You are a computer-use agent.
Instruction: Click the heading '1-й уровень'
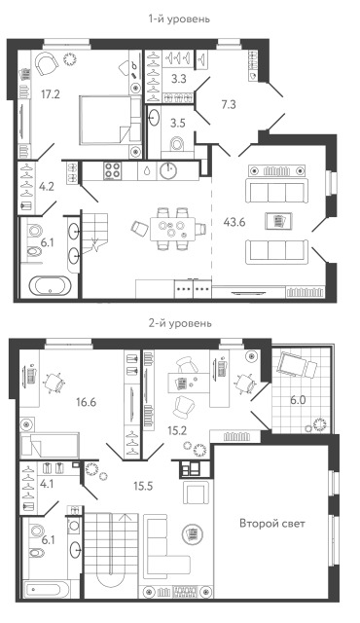179,18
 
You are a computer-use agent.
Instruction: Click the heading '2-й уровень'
179,322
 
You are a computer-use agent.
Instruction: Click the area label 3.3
179,80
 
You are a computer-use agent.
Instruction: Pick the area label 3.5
179,124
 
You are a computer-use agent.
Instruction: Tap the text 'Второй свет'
272,524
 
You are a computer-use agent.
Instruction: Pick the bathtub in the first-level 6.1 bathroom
48,285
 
